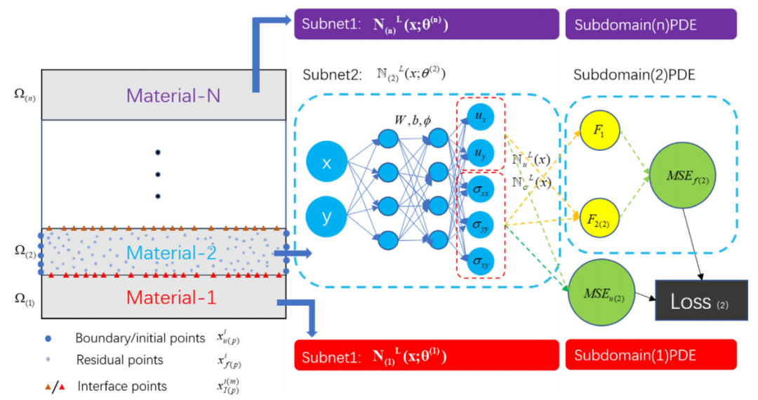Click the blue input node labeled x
pos(326,164)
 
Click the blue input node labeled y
pos(326,216)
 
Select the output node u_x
pos(481,116)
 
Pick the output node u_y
pos(481,154)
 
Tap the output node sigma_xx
pos(481,189)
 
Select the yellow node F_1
pos(599,131)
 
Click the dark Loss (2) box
pos(701,300)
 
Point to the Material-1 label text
pos(164,297)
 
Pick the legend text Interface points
pos(122,386)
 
